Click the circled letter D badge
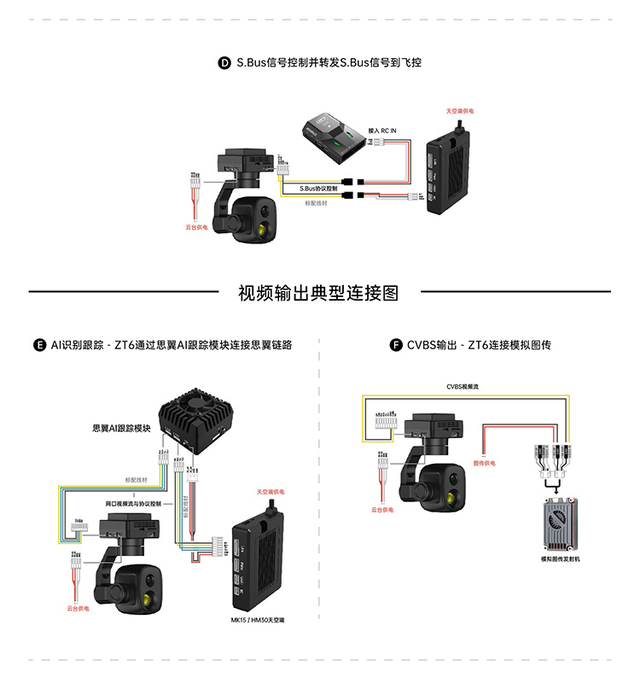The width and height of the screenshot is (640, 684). click(224, 63)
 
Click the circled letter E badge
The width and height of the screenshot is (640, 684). click(38, 345)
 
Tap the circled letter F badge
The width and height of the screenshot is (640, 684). click(395, 345)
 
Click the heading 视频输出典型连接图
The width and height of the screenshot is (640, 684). click(318, 293)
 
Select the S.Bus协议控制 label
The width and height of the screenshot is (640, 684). click(318, 188)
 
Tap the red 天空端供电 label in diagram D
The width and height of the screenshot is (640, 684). click(460, 111)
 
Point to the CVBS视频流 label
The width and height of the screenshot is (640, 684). click(463, 386)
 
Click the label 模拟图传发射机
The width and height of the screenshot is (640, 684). click(560, 559)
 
